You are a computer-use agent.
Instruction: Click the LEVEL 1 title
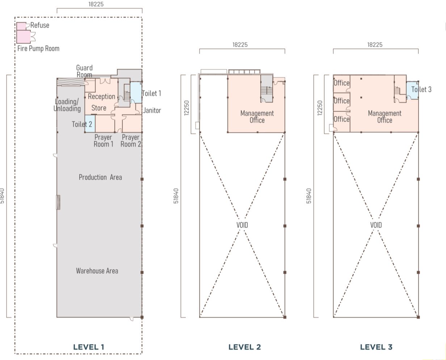[88, 347]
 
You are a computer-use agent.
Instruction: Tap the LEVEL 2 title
[245, 347]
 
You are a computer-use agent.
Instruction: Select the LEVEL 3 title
[376, 347]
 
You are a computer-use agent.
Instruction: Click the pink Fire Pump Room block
[24, 37]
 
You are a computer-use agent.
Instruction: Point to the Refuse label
[40, 25]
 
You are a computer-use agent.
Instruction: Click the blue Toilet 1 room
[136, 92]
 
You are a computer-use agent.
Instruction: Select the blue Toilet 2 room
[90, 124]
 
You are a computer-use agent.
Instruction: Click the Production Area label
[100, 177]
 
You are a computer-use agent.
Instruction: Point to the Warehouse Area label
[97, 271]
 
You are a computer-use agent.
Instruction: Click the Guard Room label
[84, 71]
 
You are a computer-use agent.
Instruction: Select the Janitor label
[152, 110]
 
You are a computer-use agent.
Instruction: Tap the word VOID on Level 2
[242, 225]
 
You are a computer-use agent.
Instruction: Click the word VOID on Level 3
[376, 225]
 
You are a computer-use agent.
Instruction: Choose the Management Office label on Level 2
[257, 117]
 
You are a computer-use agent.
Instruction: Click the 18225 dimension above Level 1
[96, 4]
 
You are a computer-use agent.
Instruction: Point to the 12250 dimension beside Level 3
[320, 108]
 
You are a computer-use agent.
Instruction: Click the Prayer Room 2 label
[131, 141]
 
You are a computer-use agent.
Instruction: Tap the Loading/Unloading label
[67, 105]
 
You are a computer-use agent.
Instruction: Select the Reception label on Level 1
[101, 96]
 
